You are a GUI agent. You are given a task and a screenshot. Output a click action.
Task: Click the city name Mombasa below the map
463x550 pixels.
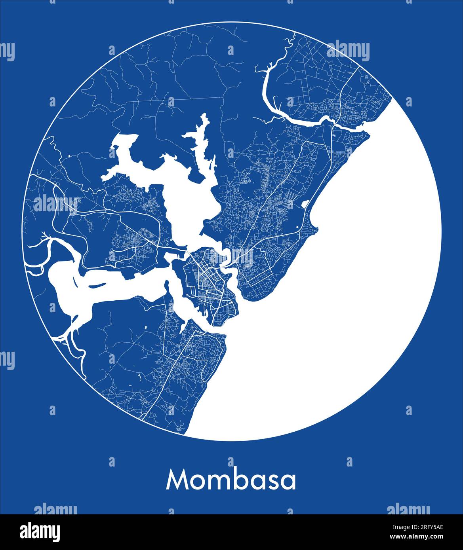(x=231, y=480)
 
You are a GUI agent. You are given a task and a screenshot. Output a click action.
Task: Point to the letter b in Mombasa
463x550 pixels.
(x=240, y=480)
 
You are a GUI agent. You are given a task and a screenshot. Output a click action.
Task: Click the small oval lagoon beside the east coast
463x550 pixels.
(x=305, y=204)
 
